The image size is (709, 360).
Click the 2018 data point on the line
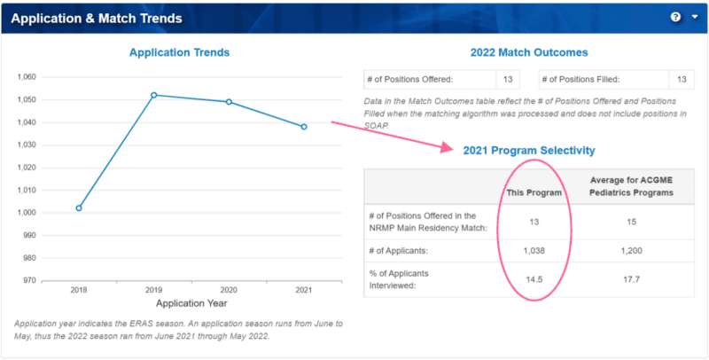tap(79, 207)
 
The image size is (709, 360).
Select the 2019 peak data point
tap(153, 95)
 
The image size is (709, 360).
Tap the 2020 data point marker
tap(229, 102)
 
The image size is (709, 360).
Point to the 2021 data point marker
tap(304, 127)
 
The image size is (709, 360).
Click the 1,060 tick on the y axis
tap(26, 77)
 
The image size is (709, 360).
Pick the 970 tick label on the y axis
tap(28, 280)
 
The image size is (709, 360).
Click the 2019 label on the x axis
tap(153, 290)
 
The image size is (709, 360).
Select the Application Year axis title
tap(191, 302)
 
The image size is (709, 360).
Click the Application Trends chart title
tap(179, 52)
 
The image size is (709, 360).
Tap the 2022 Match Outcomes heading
tap(528, 52)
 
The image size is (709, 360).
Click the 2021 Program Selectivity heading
tap(528, 151)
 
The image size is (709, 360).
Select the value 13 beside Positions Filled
tap(681, 80)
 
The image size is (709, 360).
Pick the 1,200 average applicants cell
tap(631, 251)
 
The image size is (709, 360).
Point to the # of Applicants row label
tap(401, 251)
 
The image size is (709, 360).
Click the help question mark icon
tap(675, 17)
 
